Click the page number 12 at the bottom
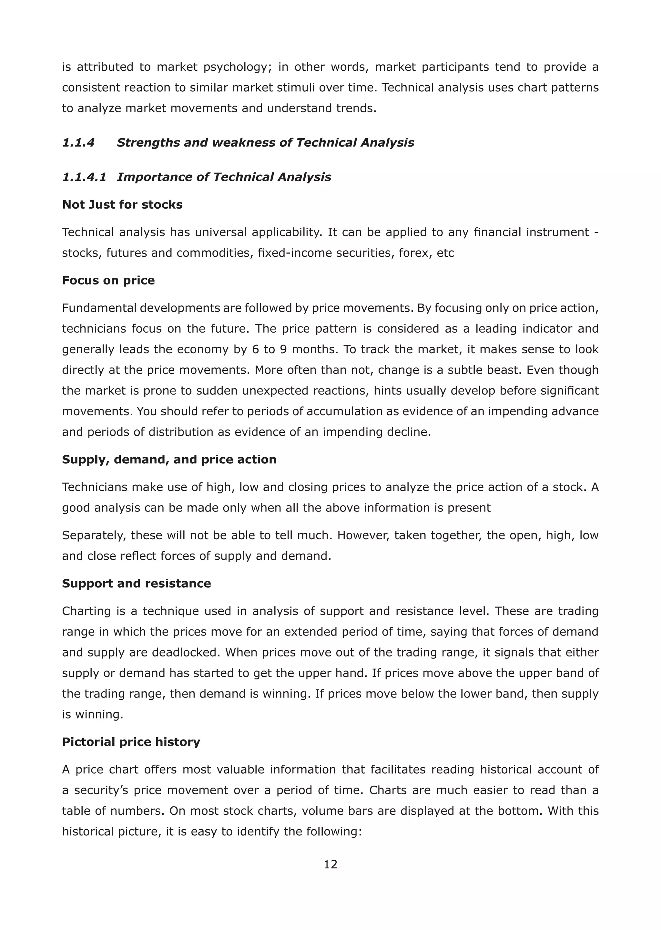point(330,864)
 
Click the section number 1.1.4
point(78,142)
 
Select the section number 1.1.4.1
point(84,177)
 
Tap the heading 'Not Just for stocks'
point(122,204)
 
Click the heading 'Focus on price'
point(108,281)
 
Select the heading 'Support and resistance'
point(136,584)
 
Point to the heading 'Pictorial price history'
point(131,742)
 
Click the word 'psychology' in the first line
point(237,67)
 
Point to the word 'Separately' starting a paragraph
point(94,535)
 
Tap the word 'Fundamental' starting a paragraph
point(99,308)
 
